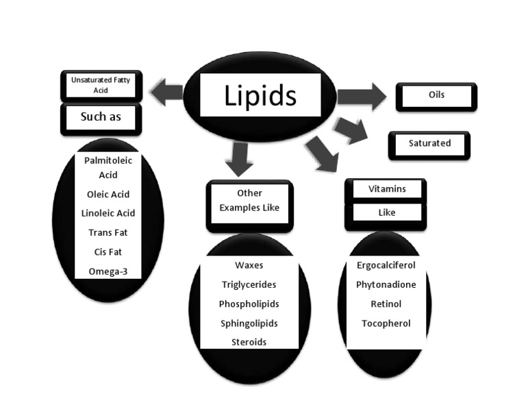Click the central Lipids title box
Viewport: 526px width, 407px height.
(260, 95)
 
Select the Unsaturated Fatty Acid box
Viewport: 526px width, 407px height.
(100, 85)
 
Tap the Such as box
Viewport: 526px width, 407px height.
(101, 117)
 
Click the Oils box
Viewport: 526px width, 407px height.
(436, 96)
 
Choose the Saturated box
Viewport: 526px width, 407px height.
(429, 144)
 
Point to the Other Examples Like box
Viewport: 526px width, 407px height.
(249, 201)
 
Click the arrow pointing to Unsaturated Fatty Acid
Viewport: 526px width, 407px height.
(166, 92)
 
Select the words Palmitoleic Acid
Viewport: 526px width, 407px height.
(108, 167)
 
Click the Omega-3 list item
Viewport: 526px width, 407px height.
(108, 271)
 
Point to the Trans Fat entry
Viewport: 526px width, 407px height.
(108, 233)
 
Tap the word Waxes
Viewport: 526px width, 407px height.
(249, 265)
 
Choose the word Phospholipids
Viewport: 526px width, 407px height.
(249, 304)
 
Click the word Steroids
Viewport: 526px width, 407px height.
(249, 342)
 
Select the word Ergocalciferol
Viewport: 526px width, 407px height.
(386, 265)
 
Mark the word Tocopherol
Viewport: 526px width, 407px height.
(386, 323)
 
